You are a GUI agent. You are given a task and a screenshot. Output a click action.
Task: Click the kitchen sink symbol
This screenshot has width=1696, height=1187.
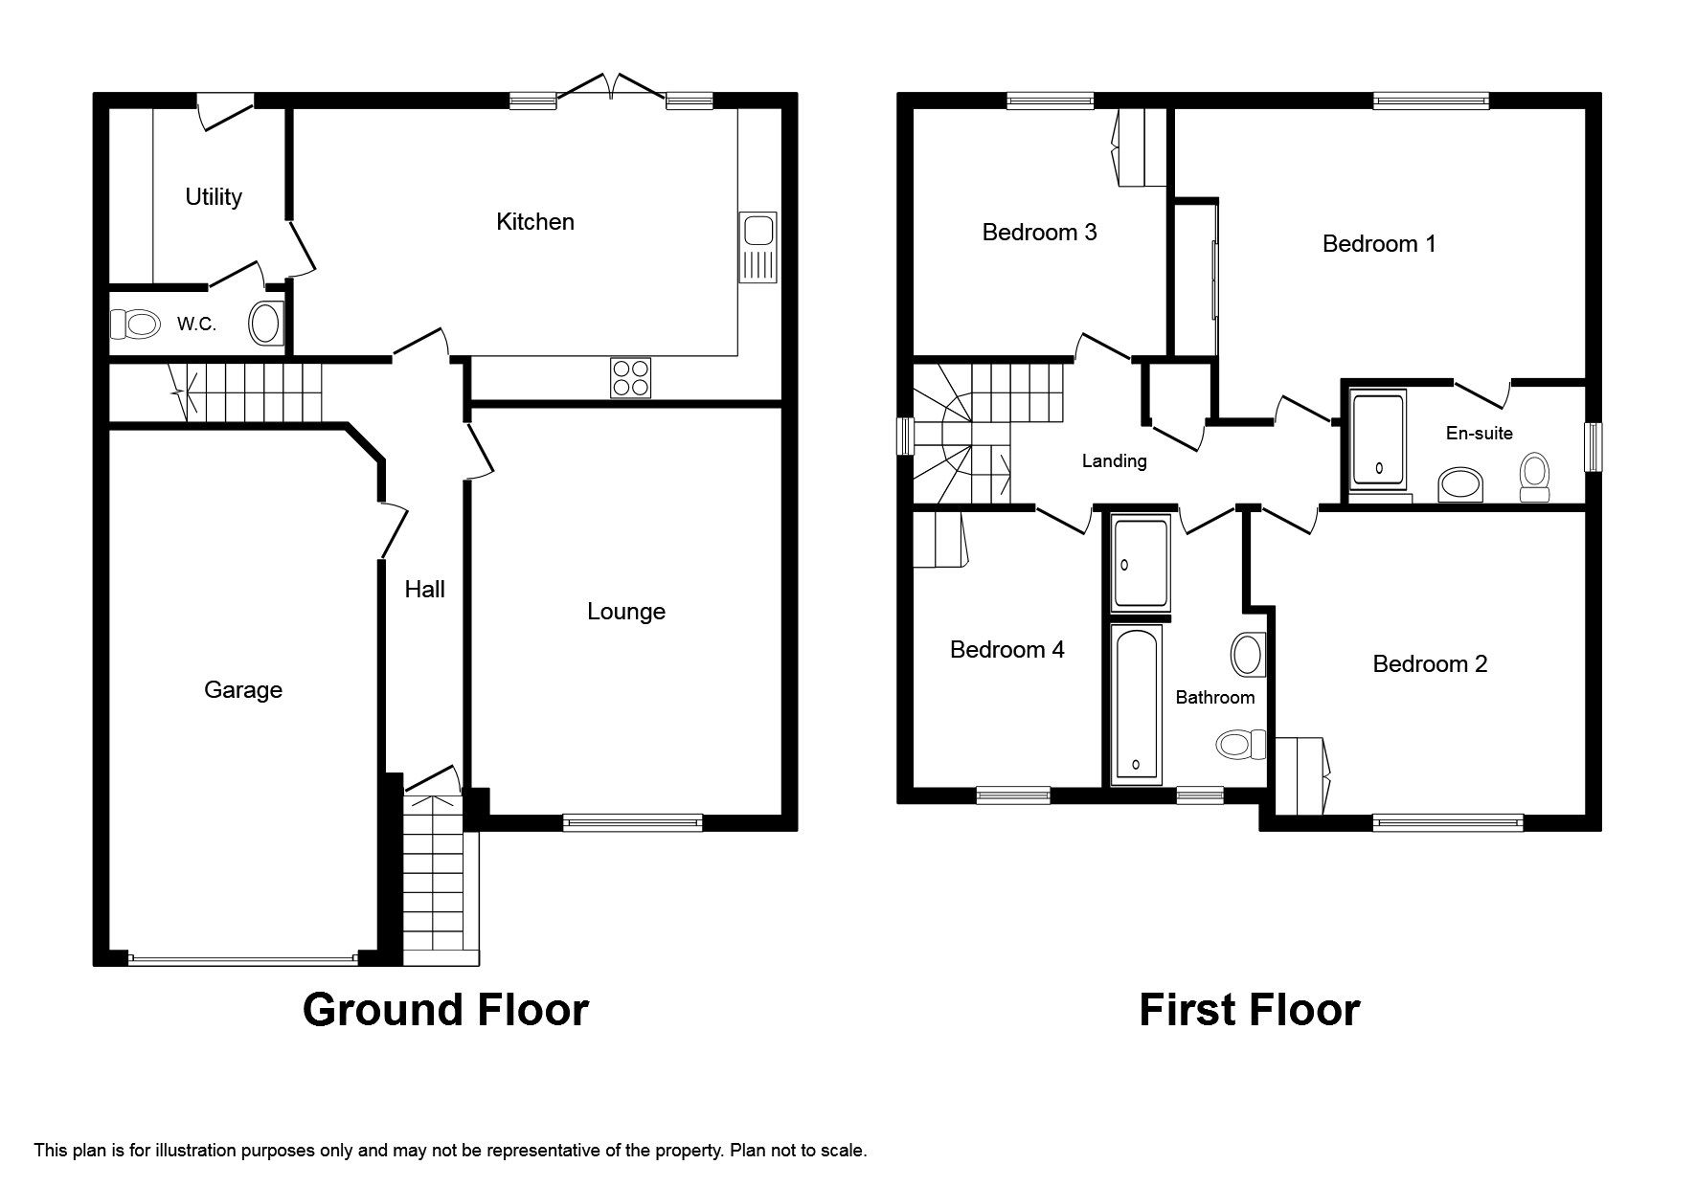pos(758,246)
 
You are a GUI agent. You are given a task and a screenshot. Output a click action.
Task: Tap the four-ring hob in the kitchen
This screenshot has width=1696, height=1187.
pos(630,377)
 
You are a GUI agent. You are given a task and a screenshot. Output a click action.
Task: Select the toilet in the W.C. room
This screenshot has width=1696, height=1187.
pos(135,325)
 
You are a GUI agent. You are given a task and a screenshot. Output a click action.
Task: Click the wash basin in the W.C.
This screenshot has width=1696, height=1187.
pos(265,324)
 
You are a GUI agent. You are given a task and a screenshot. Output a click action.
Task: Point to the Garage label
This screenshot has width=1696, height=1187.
pos(243,690)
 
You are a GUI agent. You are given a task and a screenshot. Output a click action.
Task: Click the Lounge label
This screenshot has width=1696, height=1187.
pos(626,612)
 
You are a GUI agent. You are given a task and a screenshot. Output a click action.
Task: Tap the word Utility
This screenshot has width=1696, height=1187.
pos(214,197)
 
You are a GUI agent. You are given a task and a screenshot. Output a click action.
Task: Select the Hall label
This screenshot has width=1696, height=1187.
pos(424,590)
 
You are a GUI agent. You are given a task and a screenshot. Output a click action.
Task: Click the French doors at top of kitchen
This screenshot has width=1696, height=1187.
pos(611,88)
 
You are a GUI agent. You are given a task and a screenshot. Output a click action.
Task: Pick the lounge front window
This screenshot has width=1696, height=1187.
pos(632,820)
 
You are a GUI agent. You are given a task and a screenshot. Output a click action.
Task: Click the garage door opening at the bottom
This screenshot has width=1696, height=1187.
pos(243,958)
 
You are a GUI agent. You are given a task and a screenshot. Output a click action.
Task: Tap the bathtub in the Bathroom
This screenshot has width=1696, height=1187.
pos(1136,704)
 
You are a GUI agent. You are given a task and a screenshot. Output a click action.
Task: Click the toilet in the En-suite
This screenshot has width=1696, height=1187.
pos(1534,476)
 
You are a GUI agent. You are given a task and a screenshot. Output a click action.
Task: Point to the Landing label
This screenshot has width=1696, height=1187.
pos(1114,461)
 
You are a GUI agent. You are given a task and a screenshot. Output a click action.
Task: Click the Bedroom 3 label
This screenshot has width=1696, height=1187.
pos(1039,233)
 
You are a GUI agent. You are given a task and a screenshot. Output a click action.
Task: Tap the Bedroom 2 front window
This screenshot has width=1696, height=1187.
pos(1447,821)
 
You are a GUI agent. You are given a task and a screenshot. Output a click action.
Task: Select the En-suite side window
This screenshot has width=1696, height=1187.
pos(1594,447)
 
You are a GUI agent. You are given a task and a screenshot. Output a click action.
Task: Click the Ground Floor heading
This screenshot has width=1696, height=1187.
pos(445,1010)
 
